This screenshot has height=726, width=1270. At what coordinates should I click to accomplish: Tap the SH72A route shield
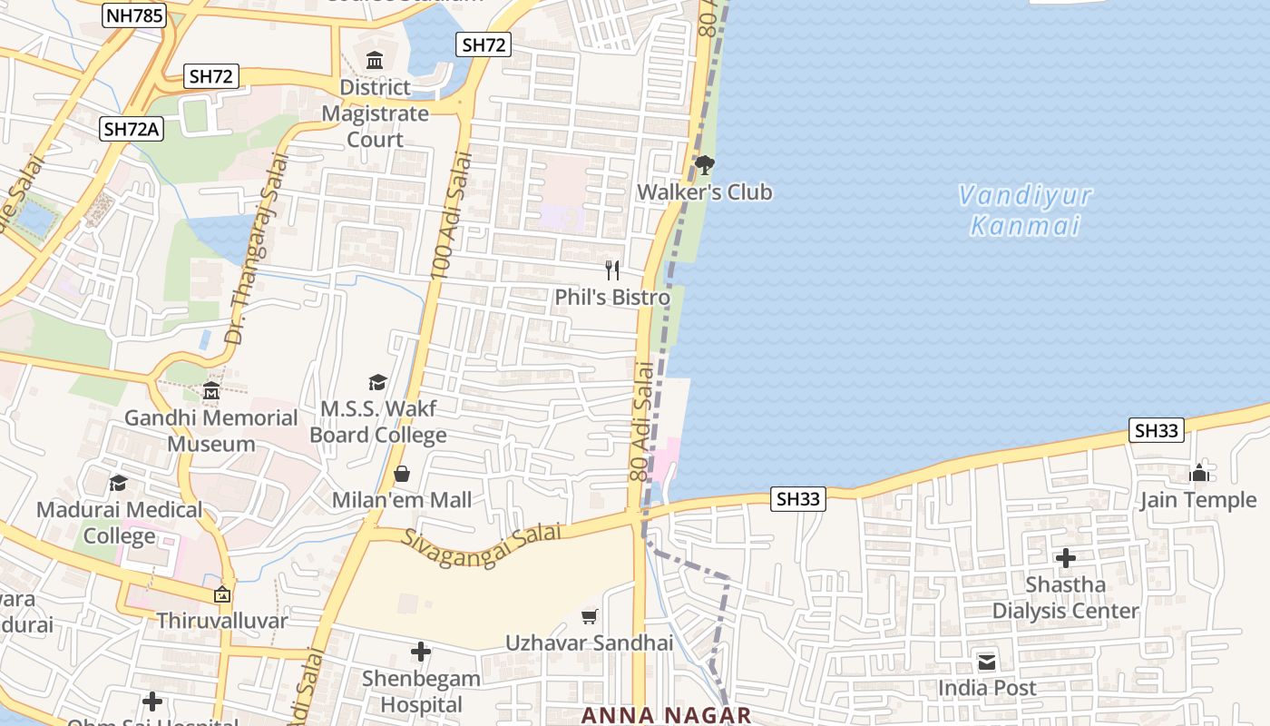tap(132, 129)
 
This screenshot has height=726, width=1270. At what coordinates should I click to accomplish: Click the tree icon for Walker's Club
tap(705, 165)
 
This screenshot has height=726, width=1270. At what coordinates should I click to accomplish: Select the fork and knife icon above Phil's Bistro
tap(612, 270)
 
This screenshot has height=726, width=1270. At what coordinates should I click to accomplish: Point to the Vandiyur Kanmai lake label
tap(1025, 211)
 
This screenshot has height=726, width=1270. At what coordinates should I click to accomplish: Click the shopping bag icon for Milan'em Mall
tap(402, 474)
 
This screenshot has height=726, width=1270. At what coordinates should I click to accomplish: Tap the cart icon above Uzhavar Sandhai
tap(590, 617)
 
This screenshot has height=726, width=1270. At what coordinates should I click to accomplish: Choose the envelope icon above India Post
tap(987, 662)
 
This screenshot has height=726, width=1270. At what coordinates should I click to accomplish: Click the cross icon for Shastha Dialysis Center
tap(1066, 558)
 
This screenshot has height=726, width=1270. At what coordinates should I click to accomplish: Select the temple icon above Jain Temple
tap(1199, 473)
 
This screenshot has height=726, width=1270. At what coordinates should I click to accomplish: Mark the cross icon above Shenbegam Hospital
tap(420, 652)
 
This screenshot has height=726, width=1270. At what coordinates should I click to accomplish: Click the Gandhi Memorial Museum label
tap(211, 431)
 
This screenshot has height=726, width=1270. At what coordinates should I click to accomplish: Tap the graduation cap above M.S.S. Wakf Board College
tap(377, 382)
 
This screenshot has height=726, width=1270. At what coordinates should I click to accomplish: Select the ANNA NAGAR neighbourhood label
tap(666, 715)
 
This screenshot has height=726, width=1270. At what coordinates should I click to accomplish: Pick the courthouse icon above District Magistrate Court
tap(375, 61)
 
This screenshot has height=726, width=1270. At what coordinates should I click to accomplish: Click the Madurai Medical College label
tap(120, 523)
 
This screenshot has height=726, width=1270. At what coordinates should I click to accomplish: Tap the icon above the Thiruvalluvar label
tap(222, 595)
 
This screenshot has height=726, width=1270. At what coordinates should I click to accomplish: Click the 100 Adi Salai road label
tap(452, 215)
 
